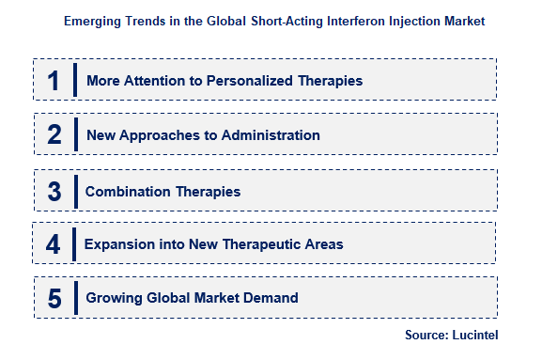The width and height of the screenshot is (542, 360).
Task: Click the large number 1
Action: point(54,81)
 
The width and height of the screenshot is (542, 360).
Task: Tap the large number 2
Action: point(54,135)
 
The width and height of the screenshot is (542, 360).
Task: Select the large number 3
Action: point(54,191)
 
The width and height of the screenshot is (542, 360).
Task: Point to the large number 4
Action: point(54,244)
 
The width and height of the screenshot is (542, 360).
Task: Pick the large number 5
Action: point(54,299)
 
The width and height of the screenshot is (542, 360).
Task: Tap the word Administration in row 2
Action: point(272,135)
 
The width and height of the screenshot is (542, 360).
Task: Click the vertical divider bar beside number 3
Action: point(74,191)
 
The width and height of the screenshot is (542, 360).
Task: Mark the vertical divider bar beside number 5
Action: point(74,299)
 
